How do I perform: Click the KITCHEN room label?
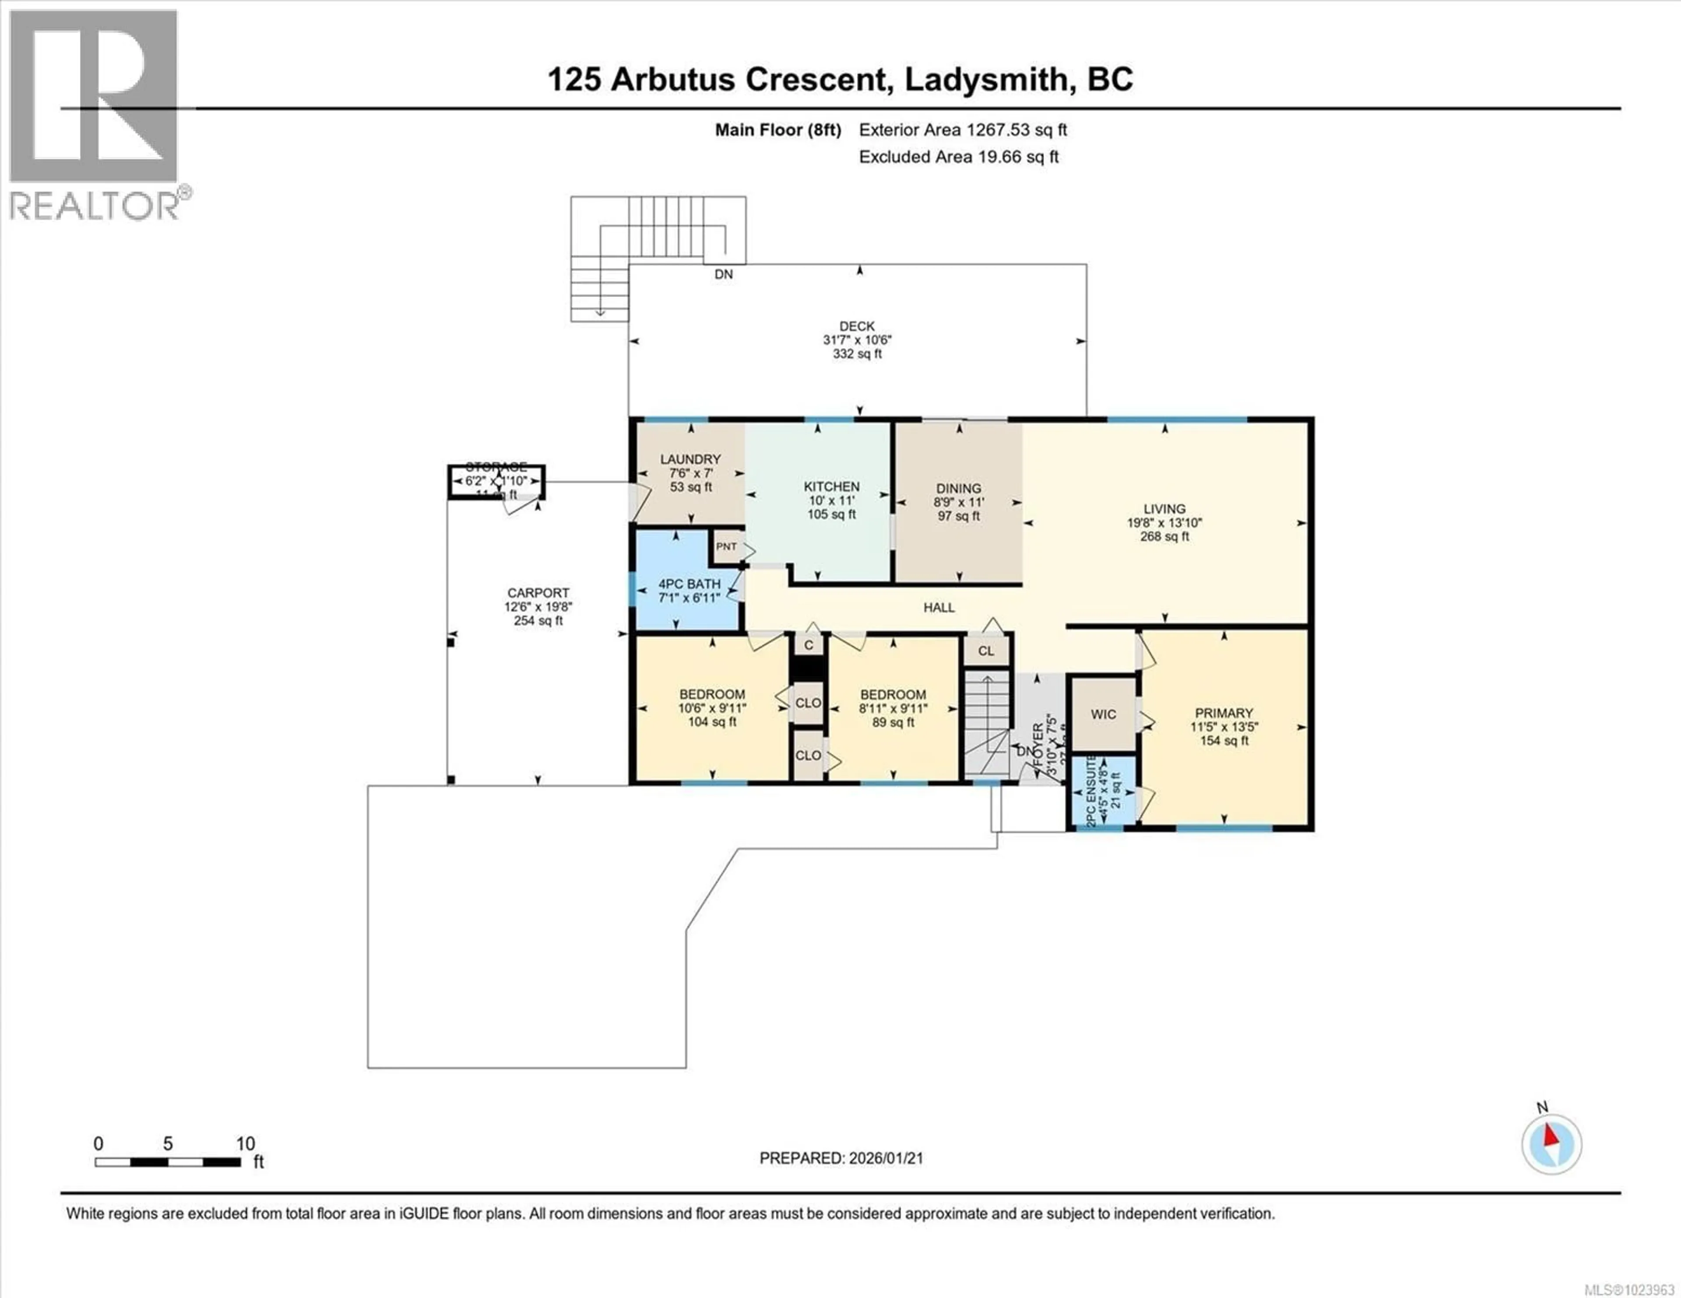coord(831,486)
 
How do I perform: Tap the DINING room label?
coord(958,488)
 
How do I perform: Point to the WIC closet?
coord(1103,714)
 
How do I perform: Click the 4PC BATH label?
coord(689,584)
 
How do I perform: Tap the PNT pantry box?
coord(726,546)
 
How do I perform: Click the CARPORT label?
coord(538,592)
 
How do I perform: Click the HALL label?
coord(939,607)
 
